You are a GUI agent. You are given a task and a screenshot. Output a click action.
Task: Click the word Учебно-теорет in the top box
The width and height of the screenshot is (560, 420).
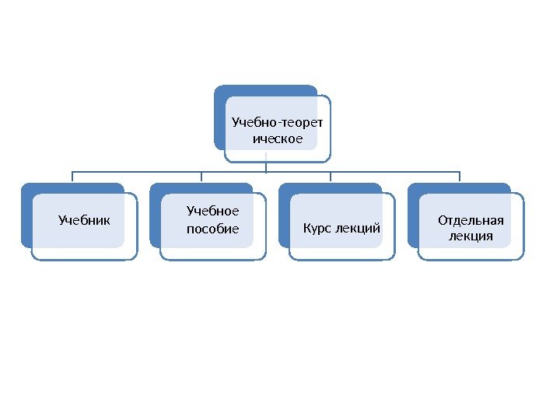pyautogui.click(x=278, y=122)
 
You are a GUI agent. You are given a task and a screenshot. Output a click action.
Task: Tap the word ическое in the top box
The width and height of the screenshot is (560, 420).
pyautogui.click(x=278, y=139)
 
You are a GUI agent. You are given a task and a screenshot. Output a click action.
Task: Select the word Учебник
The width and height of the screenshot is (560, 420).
pyautogui.click(x=85, y=220)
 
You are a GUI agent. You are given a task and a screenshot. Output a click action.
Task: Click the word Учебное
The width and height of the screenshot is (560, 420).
pyautogui.click(x=213, y=211)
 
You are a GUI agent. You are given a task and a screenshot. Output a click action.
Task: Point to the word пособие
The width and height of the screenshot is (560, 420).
pyautogui.click(x=213, y=229)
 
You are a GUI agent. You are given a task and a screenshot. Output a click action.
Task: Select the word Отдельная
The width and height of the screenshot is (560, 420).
pyautogui.click(x=471, y=219)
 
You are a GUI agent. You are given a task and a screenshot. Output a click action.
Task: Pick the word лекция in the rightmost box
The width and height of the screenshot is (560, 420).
pyautogui.click(x=471, y=236)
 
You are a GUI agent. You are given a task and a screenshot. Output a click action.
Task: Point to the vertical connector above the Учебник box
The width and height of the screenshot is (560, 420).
pyautogui.click(x=72, y=177)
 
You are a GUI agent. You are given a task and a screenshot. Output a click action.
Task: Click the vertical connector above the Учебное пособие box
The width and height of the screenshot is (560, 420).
pyautogui.click(x=201, y=177)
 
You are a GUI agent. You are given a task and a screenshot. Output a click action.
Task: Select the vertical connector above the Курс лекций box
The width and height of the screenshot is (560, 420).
pyautogui.click(x=331, y=177)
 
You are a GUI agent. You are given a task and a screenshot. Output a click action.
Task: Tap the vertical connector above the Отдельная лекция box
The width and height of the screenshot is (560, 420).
pyautogui.click(x=460, y=177)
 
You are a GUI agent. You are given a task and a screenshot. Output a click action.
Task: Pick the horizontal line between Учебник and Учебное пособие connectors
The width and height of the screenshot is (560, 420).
pyautogui.click(x=137, y=171)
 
